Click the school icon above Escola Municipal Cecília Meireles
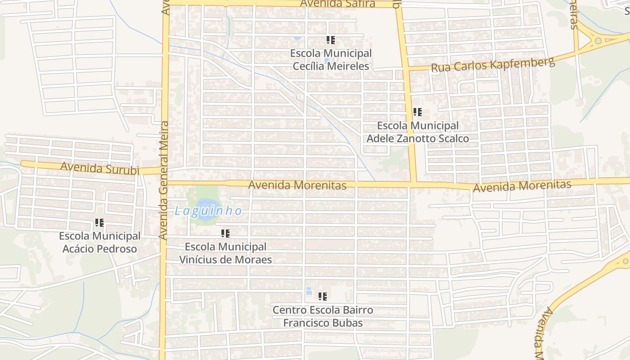331,40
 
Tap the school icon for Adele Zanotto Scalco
417,112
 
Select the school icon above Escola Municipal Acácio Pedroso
99,223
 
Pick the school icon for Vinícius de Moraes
225,234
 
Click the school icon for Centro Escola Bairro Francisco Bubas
322,297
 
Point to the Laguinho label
208,211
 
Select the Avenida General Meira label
164,180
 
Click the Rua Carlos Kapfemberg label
493,65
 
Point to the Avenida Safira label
337,4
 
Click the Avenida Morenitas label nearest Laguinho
297,185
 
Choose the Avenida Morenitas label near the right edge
522,185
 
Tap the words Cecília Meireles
331,66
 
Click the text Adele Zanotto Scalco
418,139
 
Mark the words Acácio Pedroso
99,249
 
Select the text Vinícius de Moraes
225,260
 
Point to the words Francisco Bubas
323,323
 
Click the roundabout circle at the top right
598,41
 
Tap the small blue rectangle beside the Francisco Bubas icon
309,291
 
